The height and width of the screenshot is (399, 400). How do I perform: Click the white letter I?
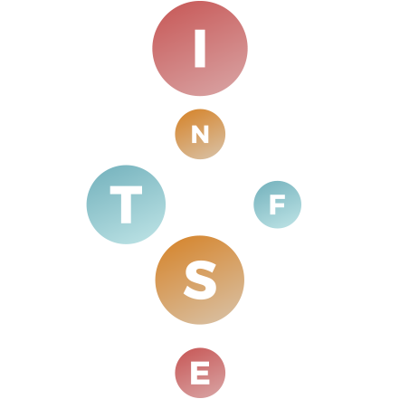click(200, 48)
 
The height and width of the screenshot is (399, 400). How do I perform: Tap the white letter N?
click(200, 134)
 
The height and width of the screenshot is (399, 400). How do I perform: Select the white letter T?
click(126, 204)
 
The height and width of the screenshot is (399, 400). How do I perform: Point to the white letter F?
click(277, 204)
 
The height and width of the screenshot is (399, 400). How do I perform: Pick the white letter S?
click(200, 280)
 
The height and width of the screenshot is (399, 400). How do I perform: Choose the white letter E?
click(200, 373)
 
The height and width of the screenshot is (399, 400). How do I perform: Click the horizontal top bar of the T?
click(126, 190)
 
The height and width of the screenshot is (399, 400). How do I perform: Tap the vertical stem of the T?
click(126, 209)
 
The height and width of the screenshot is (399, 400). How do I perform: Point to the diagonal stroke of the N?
click(200, 134)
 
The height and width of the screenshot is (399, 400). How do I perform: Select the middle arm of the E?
click(199, 373)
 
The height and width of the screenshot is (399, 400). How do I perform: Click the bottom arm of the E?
click(200, 382)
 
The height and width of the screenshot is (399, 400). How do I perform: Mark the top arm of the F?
click(277, 197)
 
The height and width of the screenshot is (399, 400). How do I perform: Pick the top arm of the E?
click(200, 365)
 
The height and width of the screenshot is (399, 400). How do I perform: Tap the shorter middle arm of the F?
click(276, 205)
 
